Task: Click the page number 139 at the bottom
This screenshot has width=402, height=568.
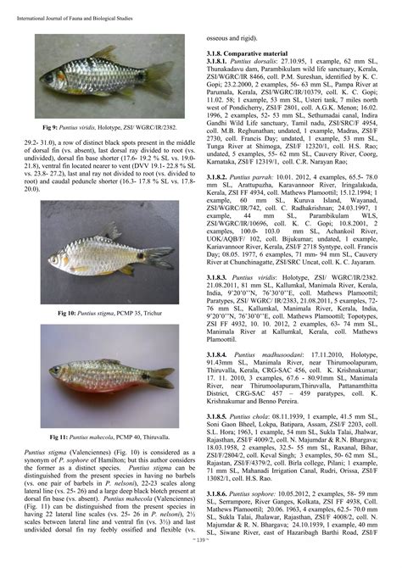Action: point(201,560)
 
